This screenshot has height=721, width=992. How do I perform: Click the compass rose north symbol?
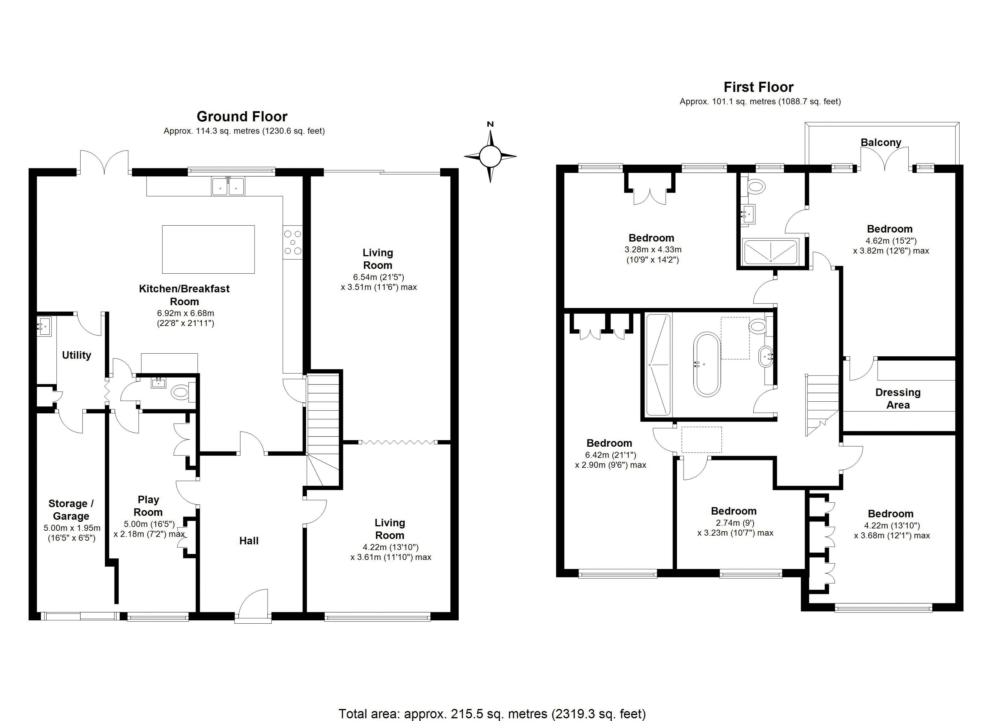(x=490, y=156)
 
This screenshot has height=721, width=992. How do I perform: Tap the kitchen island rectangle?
(x=208, y=249)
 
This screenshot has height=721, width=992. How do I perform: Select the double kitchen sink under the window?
(x=228, y=186)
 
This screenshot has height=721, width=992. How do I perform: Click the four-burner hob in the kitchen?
(x=292, y=242)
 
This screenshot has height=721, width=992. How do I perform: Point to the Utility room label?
(x=77, y=355)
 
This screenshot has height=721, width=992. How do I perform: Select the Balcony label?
(x=881, y=142)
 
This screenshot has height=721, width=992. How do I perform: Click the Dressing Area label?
(x=898, y=398)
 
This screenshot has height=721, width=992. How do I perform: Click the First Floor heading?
(x=758, y=87)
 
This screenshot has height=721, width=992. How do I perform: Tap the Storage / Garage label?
(x=71, y=510)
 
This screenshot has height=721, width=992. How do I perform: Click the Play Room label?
(x=148, y=506)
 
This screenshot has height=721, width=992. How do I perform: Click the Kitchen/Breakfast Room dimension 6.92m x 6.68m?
(x=185, y=313)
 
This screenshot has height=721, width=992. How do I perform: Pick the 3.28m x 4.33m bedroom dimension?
(x=653, y=250)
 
